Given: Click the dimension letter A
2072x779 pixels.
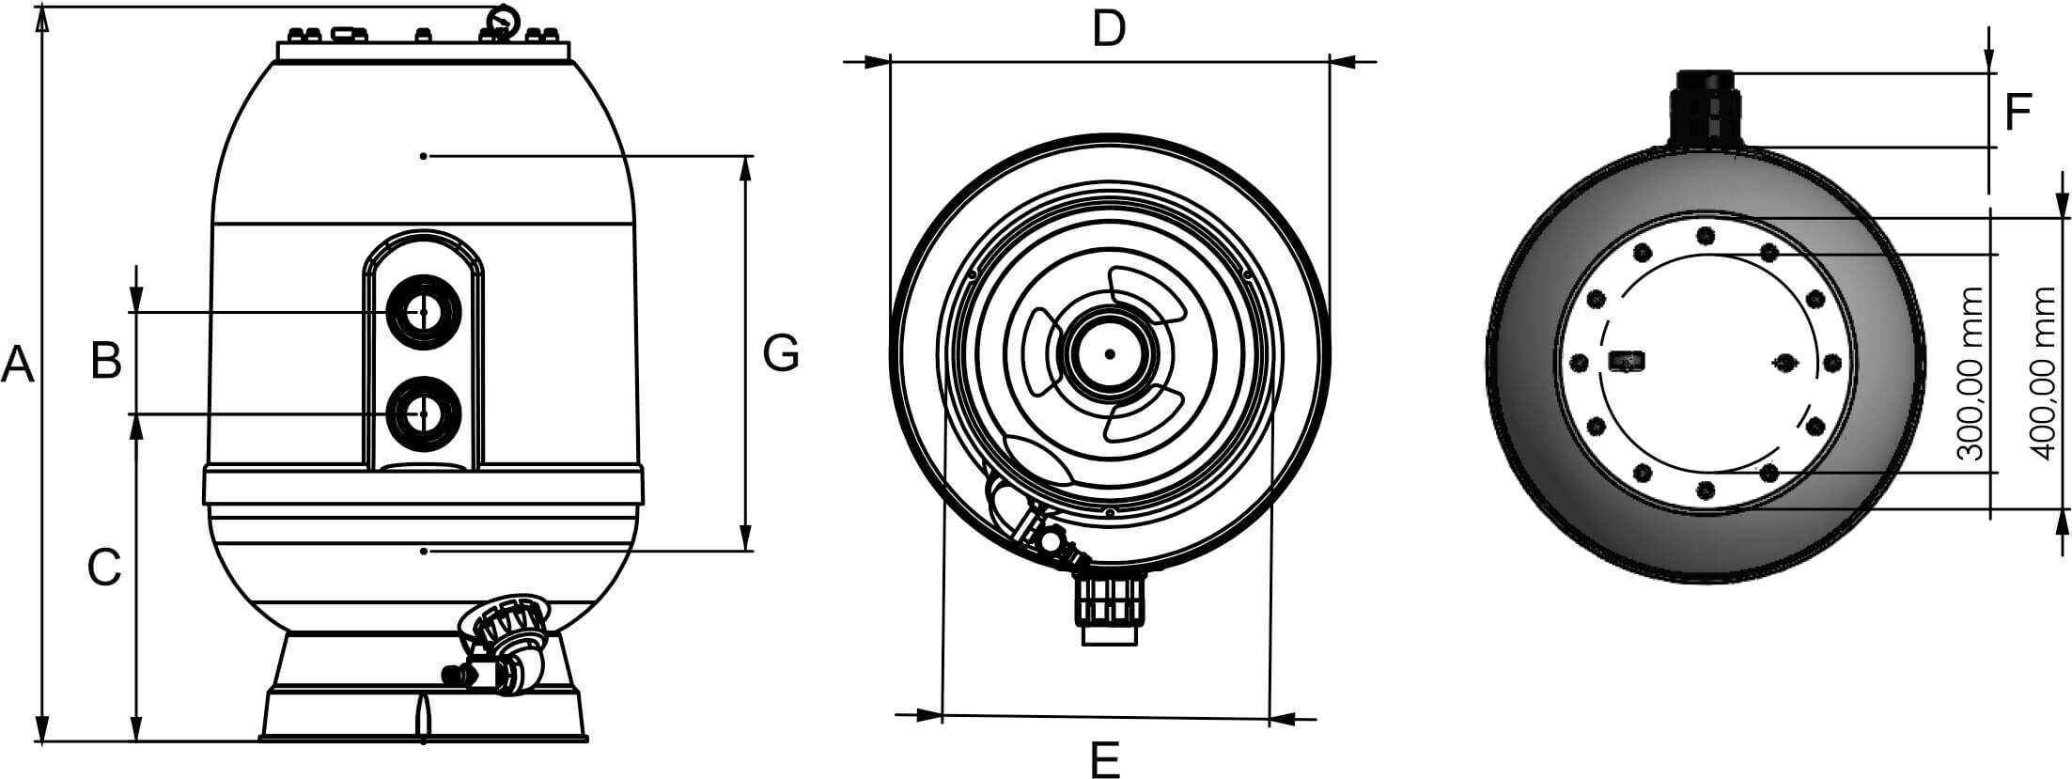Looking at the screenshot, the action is [17, 365].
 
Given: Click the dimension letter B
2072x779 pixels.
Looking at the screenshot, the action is [106, 359].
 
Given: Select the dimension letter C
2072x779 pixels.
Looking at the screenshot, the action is [104, 567].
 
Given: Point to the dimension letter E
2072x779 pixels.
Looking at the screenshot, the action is [1105, 758].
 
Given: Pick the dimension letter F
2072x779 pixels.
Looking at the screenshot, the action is [2018, 112].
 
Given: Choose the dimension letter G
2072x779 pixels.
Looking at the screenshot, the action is [781, 353].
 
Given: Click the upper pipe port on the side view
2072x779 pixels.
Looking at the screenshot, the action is [424, 312].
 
